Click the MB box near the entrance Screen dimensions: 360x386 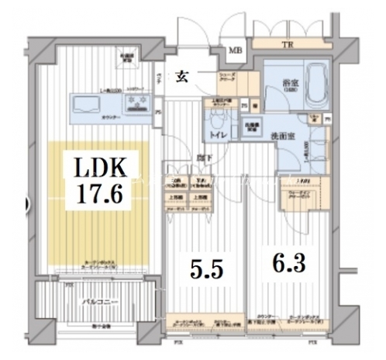[x=235, y=53]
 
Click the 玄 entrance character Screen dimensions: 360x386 [x=183, y=76]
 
